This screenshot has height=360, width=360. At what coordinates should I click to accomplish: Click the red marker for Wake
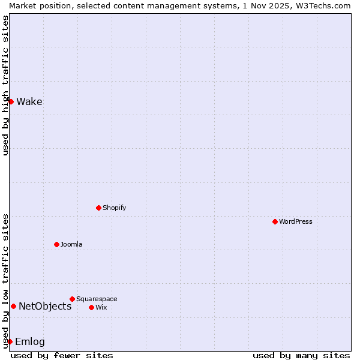click(x=11, y=101)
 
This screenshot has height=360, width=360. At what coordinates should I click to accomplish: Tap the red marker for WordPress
click(x=275, y=221)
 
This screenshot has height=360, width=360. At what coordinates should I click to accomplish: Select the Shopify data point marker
click(x=98, y=208)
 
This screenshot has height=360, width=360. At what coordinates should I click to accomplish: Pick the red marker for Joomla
click(x=56, y=244)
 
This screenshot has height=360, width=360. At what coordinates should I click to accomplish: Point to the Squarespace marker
click(x=72, y=299)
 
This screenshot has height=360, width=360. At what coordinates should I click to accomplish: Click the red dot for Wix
click(x=91, y=307)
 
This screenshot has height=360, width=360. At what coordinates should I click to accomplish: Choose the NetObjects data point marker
click(x=13, y=306)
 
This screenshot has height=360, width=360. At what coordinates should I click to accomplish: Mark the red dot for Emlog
click(x=10, y=341)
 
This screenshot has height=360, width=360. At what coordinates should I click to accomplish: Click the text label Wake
click(x=29, y=101)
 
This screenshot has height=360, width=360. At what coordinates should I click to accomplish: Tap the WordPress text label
click(x=296, y=221)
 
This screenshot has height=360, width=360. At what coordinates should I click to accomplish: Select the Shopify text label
click(x=114, y=208)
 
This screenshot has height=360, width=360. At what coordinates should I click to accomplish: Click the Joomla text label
click(x=71, y=244)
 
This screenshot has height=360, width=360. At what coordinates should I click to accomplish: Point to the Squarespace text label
click(x=97, y=299)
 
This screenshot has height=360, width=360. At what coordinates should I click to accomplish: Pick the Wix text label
click(x=101, y=307)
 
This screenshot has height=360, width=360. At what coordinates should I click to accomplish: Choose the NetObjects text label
click(x=45, y=306)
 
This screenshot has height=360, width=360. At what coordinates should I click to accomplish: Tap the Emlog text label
click(x=30, y=341)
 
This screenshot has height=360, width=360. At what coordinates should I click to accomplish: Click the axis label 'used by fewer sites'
click(x=62, y=355)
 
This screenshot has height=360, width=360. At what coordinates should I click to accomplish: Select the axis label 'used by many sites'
click(x=301, y=355)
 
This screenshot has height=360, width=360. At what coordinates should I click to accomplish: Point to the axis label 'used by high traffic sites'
click(x=5, y=85)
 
